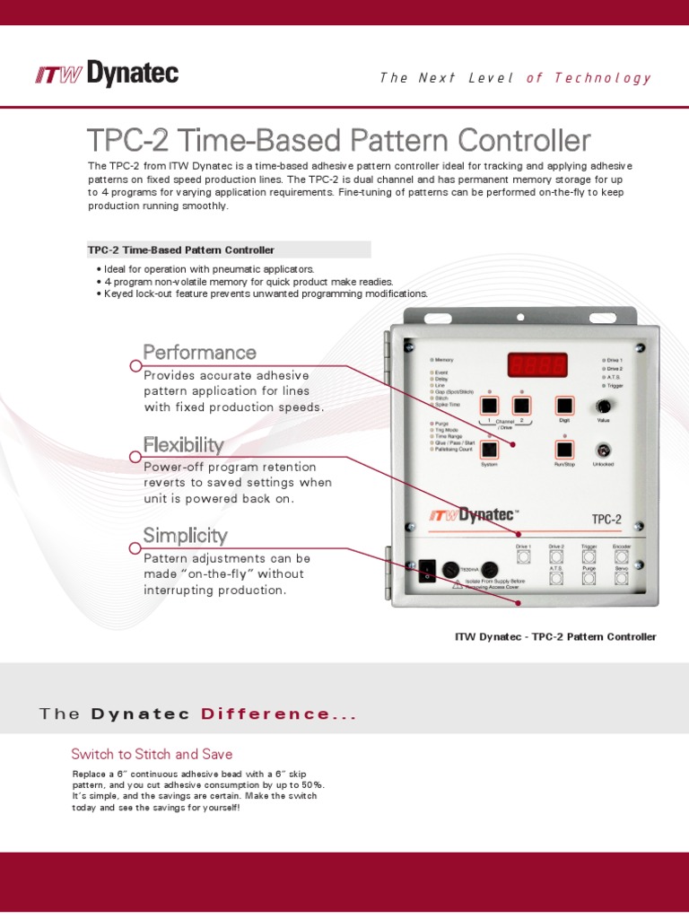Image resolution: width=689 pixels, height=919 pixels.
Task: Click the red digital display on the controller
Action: [x=537, y=365]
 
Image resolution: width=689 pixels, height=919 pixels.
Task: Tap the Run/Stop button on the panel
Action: [x=564, y=450]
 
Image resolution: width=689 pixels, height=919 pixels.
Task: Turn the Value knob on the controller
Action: [x=604, y=407]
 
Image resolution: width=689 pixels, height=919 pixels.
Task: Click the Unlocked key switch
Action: [x=604, y=450]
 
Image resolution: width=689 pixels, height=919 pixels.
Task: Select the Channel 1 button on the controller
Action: [x=489, y=406]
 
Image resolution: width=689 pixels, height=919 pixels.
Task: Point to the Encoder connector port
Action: [x=622, y=556]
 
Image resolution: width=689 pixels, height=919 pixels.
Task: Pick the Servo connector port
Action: [x=622, y=579]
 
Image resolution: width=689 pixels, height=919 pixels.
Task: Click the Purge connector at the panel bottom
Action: [x=589, y=579]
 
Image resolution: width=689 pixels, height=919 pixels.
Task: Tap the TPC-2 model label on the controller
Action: [x=606, y=519]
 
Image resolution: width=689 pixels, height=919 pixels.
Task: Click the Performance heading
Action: [x=200, y=352]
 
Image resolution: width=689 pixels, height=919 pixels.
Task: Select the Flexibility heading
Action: [x=184, y=444]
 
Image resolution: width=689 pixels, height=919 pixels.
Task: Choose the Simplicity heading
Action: [x=186, y=536]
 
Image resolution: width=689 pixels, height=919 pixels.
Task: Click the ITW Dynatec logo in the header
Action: [x=107, y=75]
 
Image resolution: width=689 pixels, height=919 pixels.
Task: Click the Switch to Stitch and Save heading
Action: [x=152, y=754]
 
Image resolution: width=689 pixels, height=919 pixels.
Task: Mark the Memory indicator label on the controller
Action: [x=445, y=359]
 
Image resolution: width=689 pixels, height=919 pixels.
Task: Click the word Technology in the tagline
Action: [x=603, y=78]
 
